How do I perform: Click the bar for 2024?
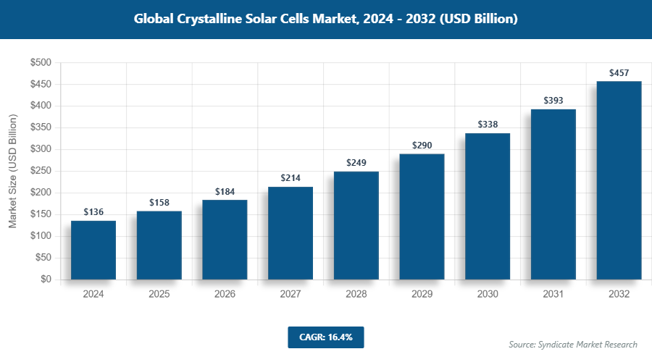click(93, 250)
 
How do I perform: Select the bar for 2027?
click(291, 233)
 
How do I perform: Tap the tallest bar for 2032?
click(619, 180)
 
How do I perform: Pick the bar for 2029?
click(422, 216)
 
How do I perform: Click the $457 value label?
click(619, 73)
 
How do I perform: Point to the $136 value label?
click(93, 212)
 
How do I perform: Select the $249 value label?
click(356, 163)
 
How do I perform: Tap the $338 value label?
click(488, 125)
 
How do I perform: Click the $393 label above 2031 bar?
click(553, 101)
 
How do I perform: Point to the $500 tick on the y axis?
click(40, 63)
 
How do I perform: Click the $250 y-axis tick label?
click(40, 171)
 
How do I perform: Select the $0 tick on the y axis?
click(45, 279)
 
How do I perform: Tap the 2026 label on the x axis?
click(225, 295)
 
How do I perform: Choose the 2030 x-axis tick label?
click(488, 295)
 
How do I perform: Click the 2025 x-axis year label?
click(159, 295)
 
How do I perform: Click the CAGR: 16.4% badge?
click(325, 337)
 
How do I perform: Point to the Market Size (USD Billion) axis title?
click(12, 171)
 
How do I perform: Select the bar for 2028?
click(356, 225)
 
